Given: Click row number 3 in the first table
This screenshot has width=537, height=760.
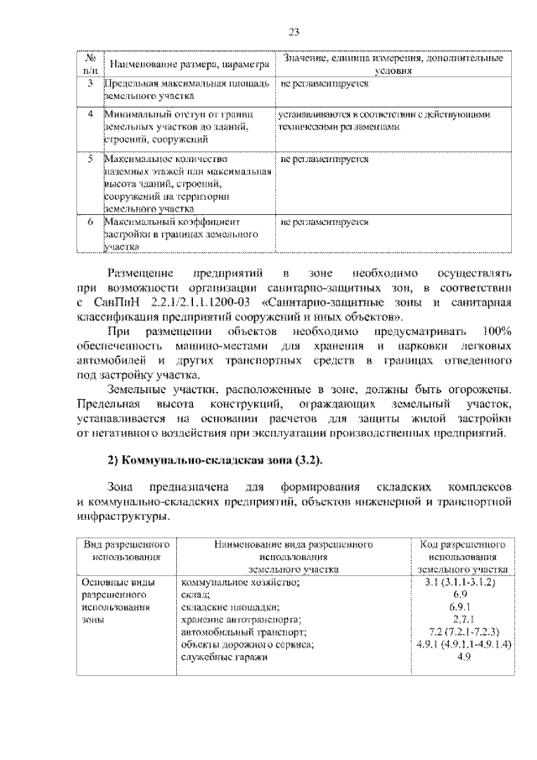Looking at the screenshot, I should [x=90, y=85].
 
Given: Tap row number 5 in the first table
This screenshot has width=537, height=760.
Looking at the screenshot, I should [x=90, y=158].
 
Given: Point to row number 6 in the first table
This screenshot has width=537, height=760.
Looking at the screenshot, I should [x=90, y=223].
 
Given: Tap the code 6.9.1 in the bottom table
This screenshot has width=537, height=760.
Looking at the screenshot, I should [x=462, y=606].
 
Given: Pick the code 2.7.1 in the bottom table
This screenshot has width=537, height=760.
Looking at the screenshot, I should [x=462, y=619].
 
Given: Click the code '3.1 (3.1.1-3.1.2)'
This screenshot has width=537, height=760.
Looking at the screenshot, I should [x=462, y=581].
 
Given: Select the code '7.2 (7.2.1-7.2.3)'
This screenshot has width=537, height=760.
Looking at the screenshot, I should [x=462, y=632].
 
